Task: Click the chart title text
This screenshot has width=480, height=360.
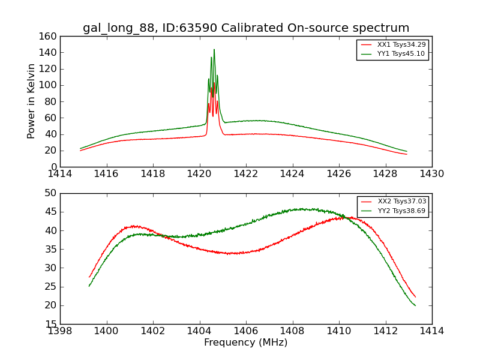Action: point(246,28)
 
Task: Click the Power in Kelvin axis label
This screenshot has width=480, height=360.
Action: point(31,101)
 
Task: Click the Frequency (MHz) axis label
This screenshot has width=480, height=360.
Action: point(246,343)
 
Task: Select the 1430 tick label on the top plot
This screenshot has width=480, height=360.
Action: point(432,174)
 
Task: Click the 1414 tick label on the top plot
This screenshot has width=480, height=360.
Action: point(61,174)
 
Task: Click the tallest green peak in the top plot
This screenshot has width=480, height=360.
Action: point(214,50)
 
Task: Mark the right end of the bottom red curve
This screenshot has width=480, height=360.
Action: point(415,297)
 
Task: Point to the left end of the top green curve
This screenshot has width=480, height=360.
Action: point(80,148)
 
